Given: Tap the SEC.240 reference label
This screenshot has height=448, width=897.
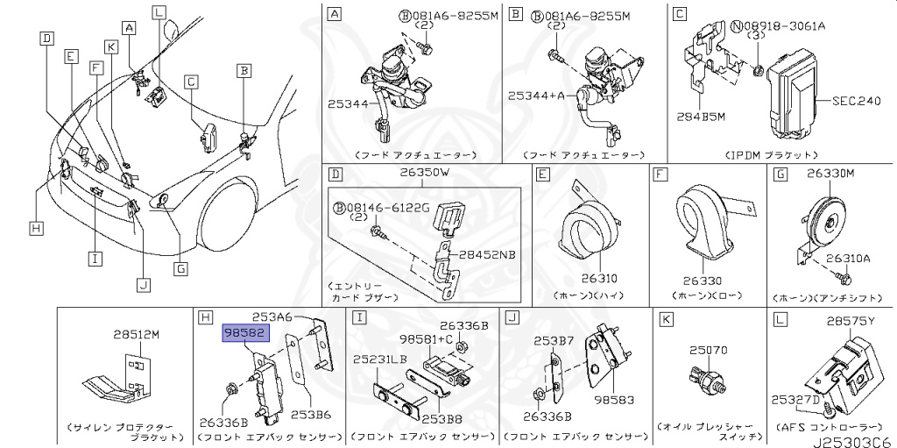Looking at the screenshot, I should point(856,101).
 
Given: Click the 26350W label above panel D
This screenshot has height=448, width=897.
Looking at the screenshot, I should point(425,173).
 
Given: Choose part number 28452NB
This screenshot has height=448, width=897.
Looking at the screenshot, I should point(489,255).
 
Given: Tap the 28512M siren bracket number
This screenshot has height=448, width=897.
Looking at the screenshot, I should point(136,335).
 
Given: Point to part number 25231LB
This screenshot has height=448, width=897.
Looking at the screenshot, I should point(380,359).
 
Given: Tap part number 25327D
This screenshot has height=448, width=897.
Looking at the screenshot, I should point(796,400).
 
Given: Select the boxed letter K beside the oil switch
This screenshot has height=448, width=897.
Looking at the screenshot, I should point(666,321).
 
